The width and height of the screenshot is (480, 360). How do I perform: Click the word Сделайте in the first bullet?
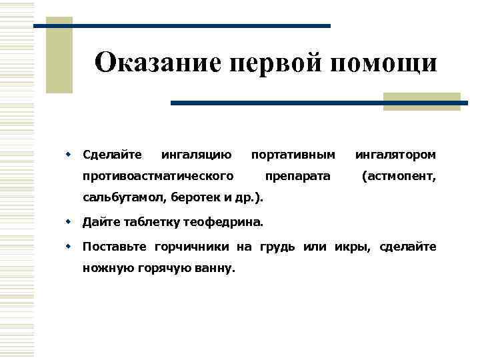112,155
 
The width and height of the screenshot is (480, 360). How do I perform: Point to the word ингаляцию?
197,155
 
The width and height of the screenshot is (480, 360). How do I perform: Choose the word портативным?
293,155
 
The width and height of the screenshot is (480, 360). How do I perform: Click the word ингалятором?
396,155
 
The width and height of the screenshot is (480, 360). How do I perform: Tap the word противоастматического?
158,177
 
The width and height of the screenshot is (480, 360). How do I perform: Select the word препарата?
297,177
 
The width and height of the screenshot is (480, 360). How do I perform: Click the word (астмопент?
399,177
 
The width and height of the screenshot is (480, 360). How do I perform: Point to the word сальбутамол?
124,197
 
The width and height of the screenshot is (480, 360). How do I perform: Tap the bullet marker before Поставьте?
68,247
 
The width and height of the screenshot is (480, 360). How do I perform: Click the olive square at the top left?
59,57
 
